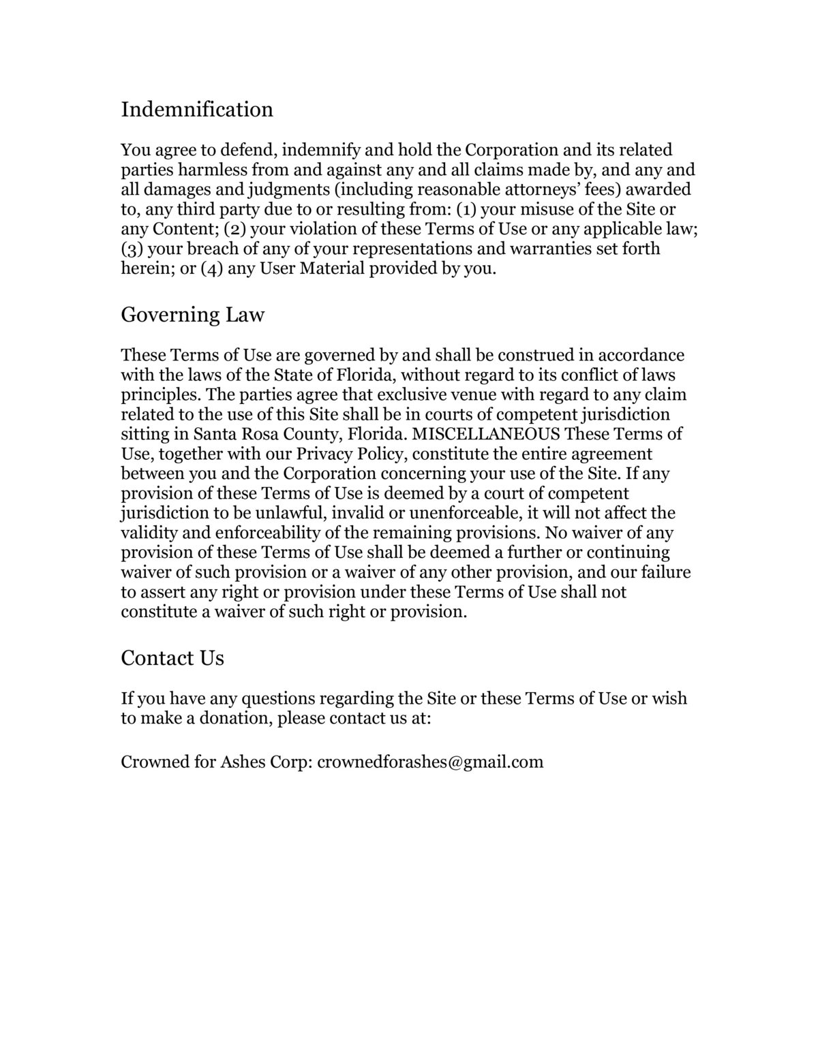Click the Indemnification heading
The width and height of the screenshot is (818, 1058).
click(197, 109)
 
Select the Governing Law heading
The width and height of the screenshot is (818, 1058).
click(192, 315)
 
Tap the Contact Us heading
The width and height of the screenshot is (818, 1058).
click(172, 658)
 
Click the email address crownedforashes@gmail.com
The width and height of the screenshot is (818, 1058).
click(430, 762)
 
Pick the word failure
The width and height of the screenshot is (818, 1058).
click(663, 572)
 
